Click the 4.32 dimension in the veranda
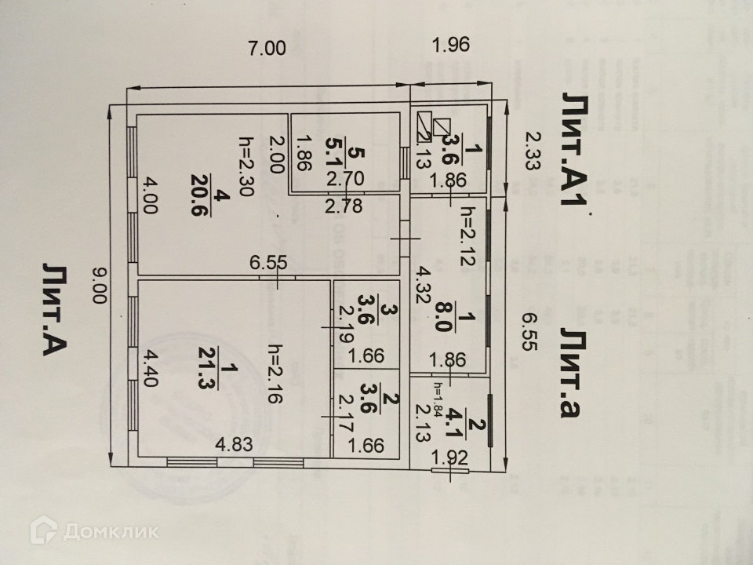tap(424, 287)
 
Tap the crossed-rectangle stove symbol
tap(432, 126)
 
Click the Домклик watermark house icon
tap(43, 530)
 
